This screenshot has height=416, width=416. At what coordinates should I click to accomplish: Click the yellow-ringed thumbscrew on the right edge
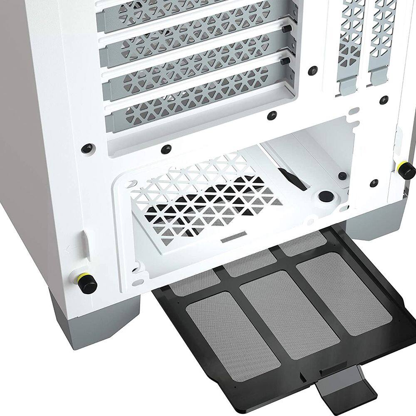point(406,168)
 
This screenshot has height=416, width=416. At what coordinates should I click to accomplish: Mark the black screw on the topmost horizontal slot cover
point(287,28)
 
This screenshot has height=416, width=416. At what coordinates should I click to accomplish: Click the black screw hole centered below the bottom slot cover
point(167,148)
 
